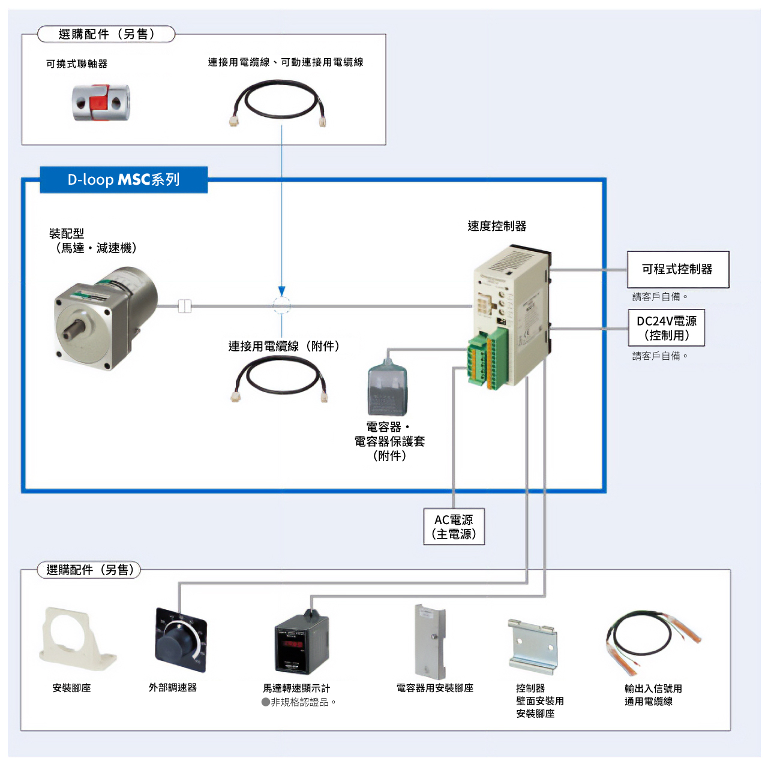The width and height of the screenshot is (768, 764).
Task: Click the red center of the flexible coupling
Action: click(98, 102)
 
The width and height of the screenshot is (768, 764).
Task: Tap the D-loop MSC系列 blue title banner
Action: click(124, 180)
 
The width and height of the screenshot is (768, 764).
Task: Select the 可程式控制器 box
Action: click(677, 269)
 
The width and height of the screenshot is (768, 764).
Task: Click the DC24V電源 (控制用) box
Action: click(667, 328)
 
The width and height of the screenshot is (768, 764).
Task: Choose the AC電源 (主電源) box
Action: click(454, 526)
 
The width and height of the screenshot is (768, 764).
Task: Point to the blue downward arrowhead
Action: click(282, 291)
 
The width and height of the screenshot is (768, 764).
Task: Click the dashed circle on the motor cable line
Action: click(282, 306)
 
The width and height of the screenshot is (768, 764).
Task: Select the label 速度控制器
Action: click(497, 226)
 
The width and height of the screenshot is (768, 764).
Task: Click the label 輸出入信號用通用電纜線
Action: click(653, 695)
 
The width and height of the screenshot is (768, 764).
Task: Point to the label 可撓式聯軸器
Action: click(77, 64)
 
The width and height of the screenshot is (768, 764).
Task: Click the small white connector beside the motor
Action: click(185, 306)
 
